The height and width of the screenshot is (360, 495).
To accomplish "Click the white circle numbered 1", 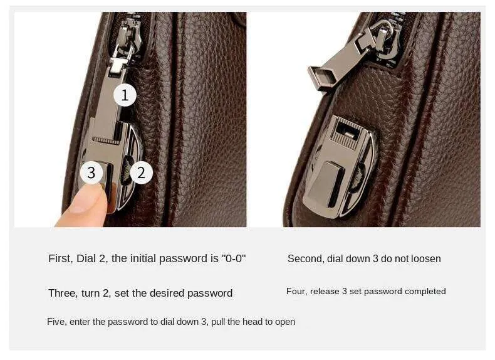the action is click(x=125, y=95).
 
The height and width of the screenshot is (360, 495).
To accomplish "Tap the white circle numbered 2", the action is click(x=141, y=172).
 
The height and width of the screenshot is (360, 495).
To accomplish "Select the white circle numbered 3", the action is click(x=91, y=172).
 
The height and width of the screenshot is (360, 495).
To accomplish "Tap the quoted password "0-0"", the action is click(x=234, y=258).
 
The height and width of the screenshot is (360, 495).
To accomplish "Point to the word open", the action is click(x=285, y=322).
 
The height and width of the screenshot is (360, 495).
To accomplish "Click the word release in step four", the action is click(x=325, y=292).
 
